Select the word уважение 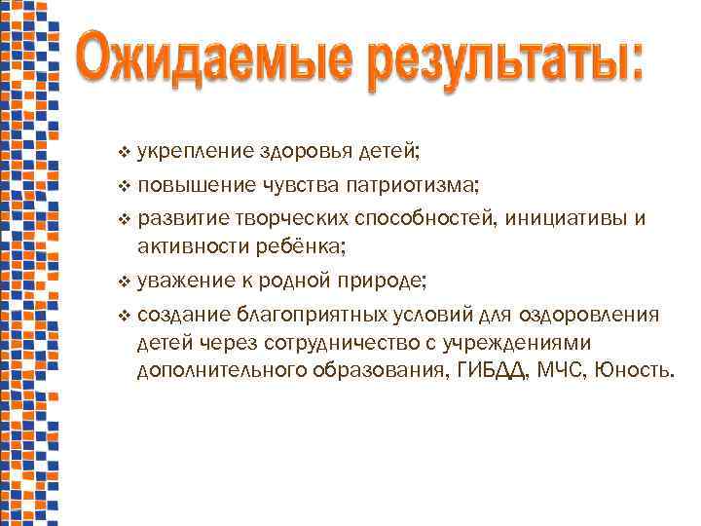[186, 282]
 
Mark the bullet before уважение [123, 282]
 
